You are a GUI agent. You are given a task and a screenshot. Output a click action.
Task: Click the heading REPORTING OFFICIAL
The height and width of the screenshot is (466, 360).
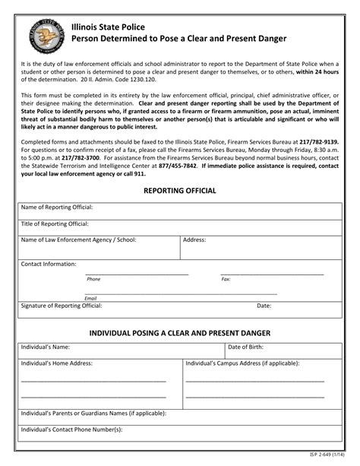[x=180, y=190]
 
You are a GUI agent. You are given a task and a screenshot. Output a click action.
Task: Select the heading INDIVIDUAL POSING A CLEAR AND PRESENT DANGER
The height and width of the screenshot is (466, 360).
[x=180, y=333]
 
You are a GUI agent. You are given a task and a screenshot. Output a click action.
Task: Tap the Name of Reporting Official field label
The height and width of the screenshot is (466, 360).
[x=57, y=207]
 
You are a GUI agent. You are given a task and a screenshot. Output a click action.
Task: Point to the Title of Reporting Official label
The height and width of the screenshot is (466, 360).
[x=55, y=223]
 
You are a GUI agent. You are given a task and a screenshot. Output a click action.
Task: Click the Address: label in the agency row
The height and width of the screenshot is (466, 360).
[x=194, y=239]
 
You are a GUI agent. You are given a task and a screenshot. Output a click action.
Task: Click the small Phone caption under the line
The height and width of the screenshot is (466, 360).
[x=93, y=279]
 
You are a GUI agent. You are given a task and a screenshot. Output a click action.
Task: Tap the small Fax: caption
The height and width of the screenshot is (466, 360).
[x=226, y=279]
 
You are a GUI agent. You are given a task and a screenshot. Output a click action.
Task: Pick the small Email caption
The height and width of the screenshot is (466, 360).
[x=90, y=298]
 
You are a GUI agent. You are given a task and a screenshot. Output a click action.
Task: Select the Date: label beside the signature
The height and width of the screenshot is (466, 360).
[x=264, y=306]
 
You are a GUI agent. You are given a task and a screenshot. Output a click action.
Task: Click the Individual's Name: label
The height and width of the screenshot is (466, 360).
[x=46, y=347]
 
